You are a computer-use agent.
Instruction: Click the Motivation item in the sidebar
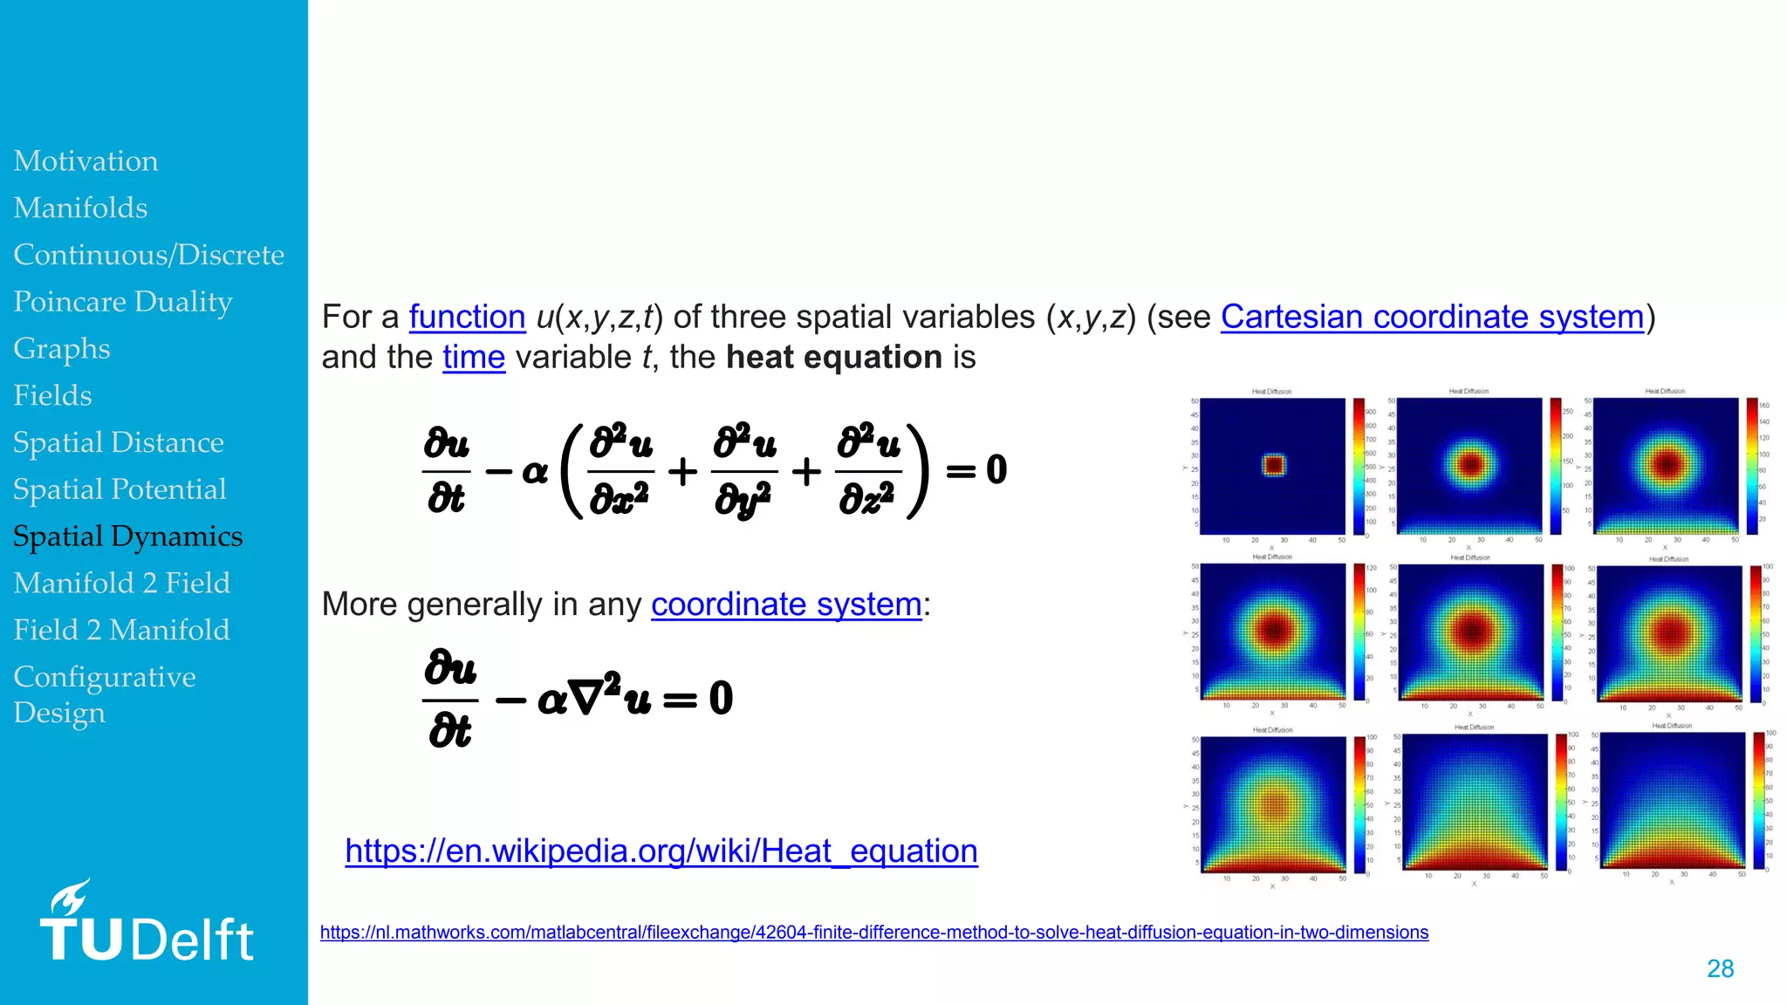[86, 161]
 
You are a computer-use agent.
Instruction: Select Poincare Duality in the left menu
[123, 302]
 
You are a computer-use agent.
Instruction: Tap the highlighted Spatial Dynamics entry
[127, 537]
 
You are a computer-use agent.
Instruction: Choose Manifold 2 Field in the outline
[121, 583]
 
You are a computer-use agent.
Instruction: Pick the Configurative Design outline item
[104, 694]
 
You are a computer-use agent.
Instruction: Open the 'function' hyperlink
[467, 317]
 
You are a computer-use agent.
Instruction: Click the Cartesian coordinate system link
[1432, 317]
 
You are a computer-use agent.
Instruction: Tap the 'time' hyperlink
[474, 358]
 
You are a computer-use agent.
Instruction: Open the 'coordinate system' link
[786, 605]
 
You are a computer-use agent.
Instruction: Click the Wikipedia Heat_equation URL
[661, 851]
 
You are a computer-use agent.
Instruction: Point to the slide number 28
[1720, 968]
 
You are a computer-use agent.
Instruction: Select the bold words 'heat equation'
[833, 358]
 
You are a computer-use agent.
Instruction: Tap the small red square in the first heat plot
[1274, 465]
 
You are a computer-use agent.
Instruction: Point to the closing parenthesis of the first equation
[917, 471]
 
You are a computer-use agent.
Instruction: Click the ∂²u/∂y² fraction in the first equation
[744, 471]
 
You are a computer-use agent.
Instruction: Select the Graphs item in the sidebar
[62, 349]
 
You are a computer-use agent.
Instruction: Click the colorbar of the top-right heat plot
[1752, 466]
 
